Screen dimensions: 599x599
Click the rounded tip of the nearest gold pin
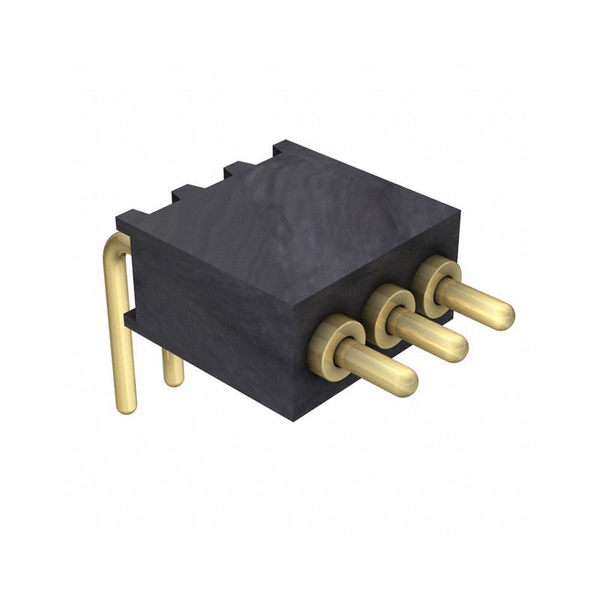tap(404, 381)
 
